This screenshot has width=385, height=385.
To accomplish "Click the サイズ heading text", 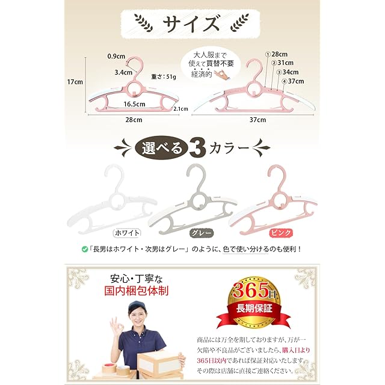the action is [x=191, y=23].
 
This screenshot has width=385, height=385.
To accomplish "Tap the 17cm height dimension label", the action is [x=75, y=82].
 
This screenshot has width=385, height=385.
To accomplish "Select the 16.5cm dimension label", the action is [x=134, y=104].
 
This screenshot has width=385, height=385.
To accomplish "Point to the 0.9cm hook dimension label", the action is [x=116, y=56].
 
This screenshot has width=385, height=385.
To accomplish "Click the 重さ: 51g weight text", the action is [x=164, y=77].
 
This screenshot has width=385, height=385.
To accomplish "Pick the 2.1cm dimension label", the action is [x=181, y=109].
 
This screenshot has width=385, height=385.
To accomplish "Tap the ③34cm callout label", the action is [x=288, y=72].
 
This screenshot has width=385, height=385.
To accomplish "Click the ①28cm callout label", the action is [x=276, y=54].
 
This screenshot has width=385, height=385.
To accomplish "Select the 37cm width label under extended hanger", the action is [x=257, y=120].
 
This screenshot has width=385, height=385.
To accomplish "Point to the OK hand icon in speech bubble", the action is [x=221, y=73].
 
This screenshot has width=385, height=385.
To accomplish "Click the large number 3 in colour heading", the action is [x=197, y=148].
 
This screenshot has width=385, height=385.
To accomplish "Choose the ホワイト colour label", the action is [x=127, y=233].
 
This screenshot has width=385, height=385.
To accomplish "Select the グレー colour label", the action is [x=202, y=233].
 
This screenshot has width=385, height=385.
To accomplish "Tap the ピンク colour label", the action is [x=281, y=233].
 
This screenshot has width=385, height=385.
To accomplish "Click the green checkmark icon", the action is [x=85, y=250].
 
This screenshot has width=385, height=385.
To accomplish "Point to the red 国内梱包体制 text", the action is [x=137, y=291].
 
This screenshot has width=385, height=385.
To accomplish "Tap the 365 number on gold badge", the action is [x=251, y=290].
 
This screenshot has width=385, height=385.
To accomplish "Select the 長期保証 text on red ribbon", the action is [x=254, y=309].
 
